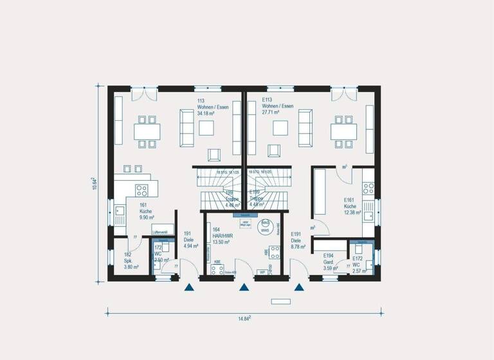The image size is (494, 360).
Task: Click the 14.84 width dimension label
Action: click(x=242, y=318)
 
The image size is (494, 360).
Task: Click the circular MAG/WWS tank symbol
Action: click(x=264, y=226)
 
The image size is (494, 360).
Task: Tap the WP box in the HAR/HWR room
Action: click(x=262, y=273)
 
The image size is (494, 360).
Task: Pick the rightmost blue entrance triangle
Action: click(x=299, y=288)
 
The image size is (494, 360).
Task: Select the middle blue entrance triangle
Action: click(x=244, y=288)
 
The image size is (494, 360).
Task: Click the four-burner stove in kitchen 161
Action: click(x=142, y=190)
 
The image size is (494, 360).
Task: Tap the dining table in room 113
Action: click(x=147, y=131)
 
